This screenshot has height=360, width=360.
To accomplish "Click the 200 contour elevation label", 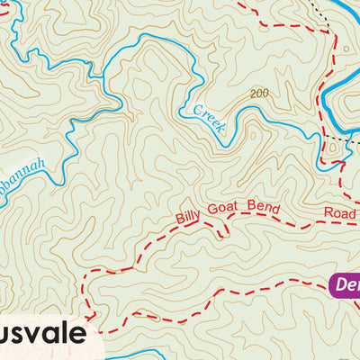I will (x=260, y=94).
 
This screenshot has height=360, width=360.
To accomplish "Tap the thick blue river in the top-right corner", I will (x=346, y=13).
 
